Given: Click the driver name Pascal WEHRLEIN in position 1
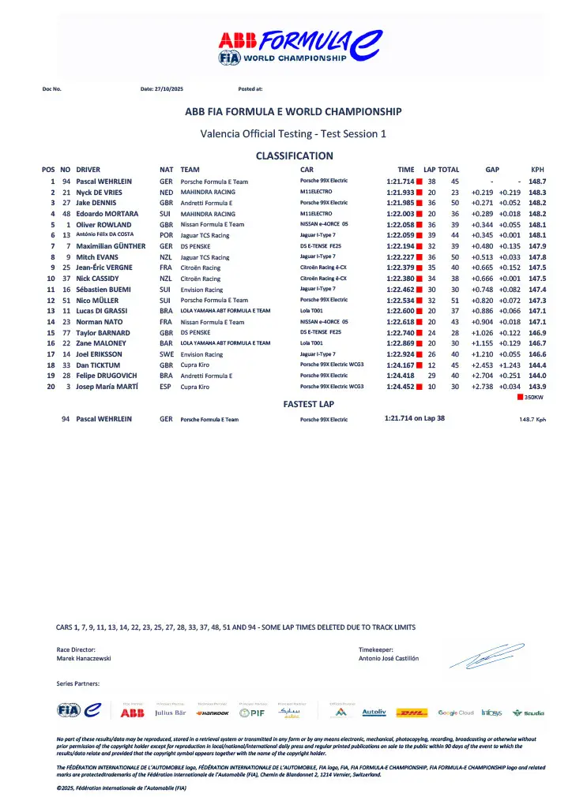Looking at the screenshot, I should [x=103, y=181].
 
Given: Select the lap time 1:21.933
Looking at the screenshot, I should [x=401, y=193].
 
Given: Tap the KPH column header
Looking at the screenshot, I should [x=537, y=170].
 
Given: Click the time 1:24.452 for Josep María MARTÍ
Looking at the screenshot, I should [x=401, y=386].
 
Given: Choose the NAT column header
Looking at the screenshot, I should [x=166, y=170].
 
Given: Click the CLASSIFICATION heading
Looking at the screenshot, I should [x=294, y=156].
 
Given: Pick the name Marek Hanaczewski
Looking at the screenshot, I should [x=84, y=658].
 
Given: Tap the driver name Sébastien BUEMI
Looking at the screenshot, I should [x=104, y=290].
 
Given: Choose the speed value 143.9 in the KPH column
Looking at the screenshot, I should [x=537, y=386].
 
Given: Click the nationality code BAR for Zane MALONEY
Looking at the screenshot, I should [x=166, y=343].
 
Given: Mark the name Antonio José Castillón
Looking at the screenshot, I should [x=389, y=658].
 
